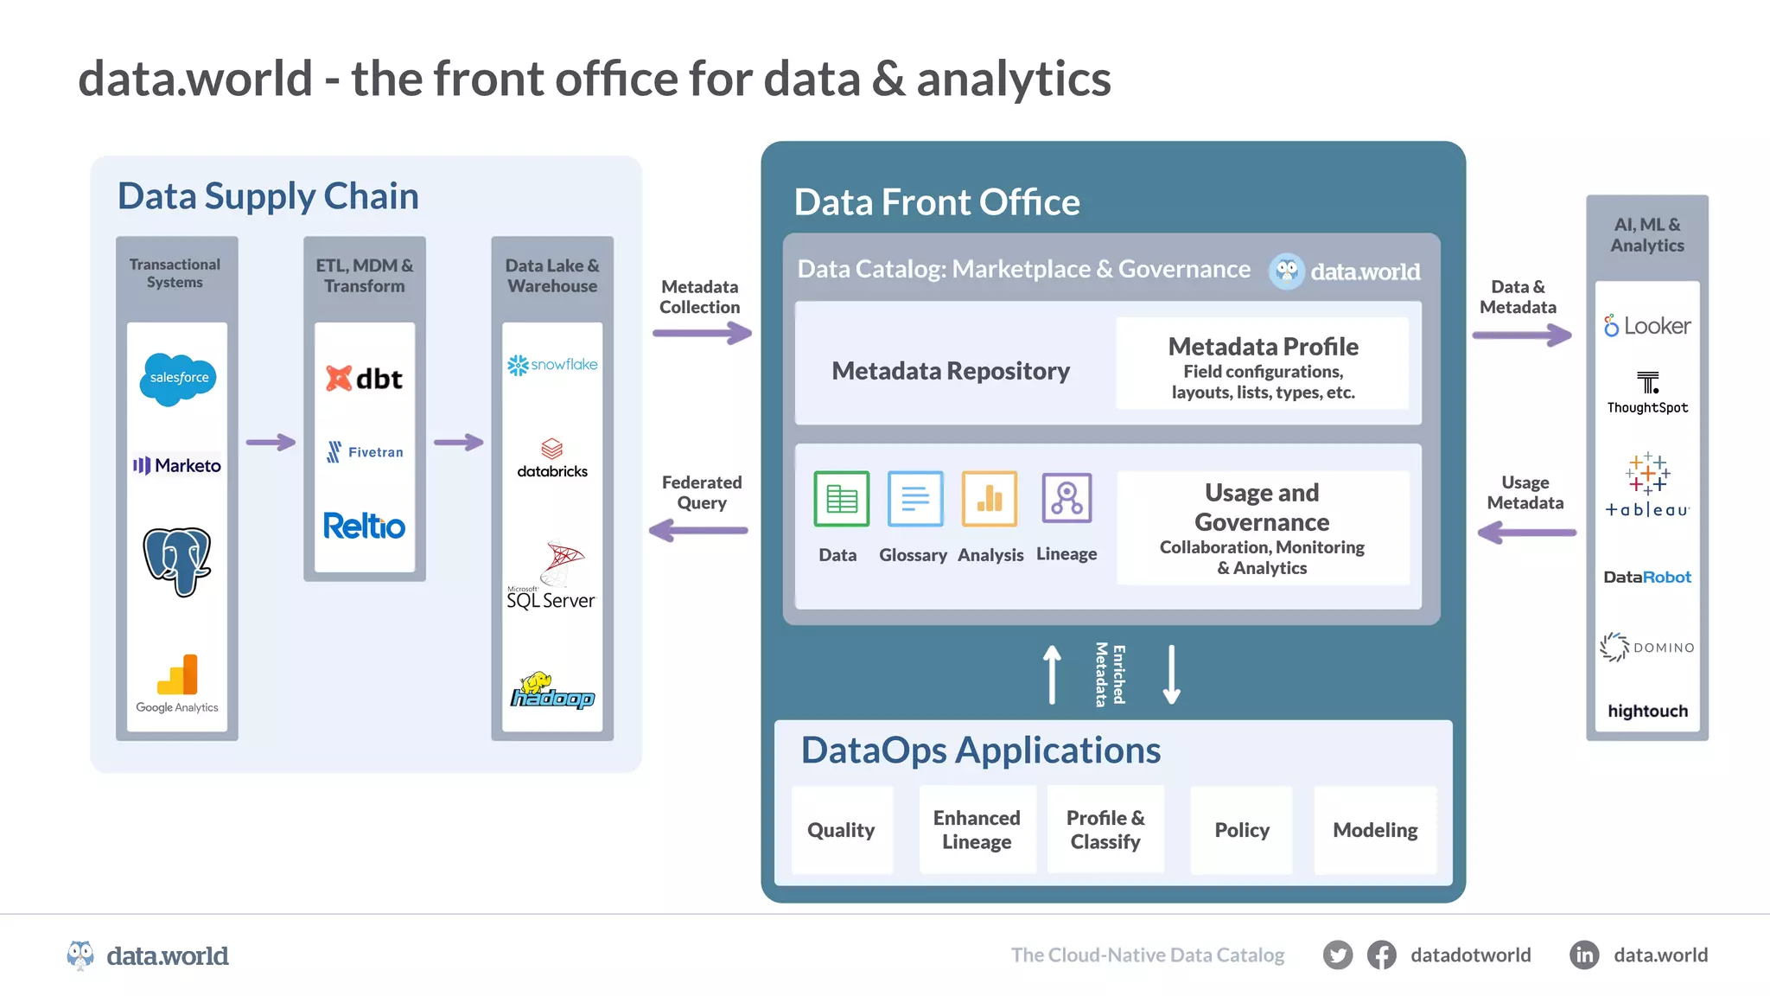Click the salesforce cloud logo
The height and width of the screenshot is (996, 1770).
[x=178, y=379]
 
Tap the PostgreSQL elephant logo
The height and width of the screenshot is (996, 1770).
[x=177, y=560]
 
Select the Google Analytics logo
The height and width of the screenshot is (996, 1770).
[x=177, y=684]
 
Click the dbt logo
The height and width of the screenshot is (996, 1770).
[x=364, y=379]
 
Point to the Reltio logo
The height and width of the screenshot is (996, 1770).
[x=364, y=526]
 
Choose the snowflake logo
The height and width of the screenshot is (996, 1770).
[x=552, y=365]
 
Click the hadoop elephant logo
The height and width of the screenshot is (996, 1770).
[x=552, y=691]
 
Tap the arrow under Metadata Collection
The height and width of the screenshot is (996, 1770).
[x=702, y=333]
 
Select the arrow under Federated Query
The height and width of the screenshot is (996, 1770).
[x=698, y=530]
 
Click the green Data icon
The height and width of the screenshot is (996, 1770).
[x=841, y=499]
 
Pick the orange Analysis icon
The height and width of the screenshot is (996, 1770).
[x=989, y=499]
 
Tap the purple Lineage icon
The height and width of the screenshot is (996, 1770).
[x=1066, y=498]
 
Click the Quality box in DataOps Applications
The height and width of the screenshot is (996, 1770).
[x=841, y=830]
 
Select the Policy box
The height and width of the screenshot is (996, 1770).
[x=1241, y=830]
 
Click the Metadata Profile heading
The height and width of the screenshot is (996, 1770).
[x=1263, y=347]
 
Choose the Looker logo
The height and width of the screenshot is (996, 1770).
[x=1647, y=326]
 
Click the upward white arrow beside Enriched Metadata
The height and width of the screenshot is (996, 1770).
[x=1052, y=674]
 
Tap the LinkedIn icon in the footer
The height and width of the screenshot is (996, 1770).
[x=1584, y=955]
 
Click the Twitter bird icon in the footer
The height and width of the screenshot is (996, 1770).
[x=1337, y=955]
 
